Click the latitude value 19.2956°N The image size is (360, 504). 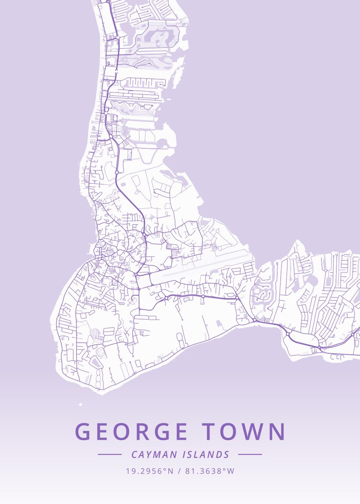[x=150, y=471]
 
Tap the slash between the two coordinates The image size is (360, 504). [x=179, y=471]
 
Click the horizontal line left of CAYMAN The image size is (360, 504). [x=110, y=454]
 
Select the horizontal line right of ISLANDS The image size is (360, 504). [x=250, y=454]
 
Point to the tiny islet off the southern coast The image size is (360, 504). [x=80, y=404]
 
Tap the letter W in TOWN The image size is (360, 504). [x=252, y=432]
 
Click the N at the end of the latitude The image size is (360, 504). [x=171, y=471]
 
